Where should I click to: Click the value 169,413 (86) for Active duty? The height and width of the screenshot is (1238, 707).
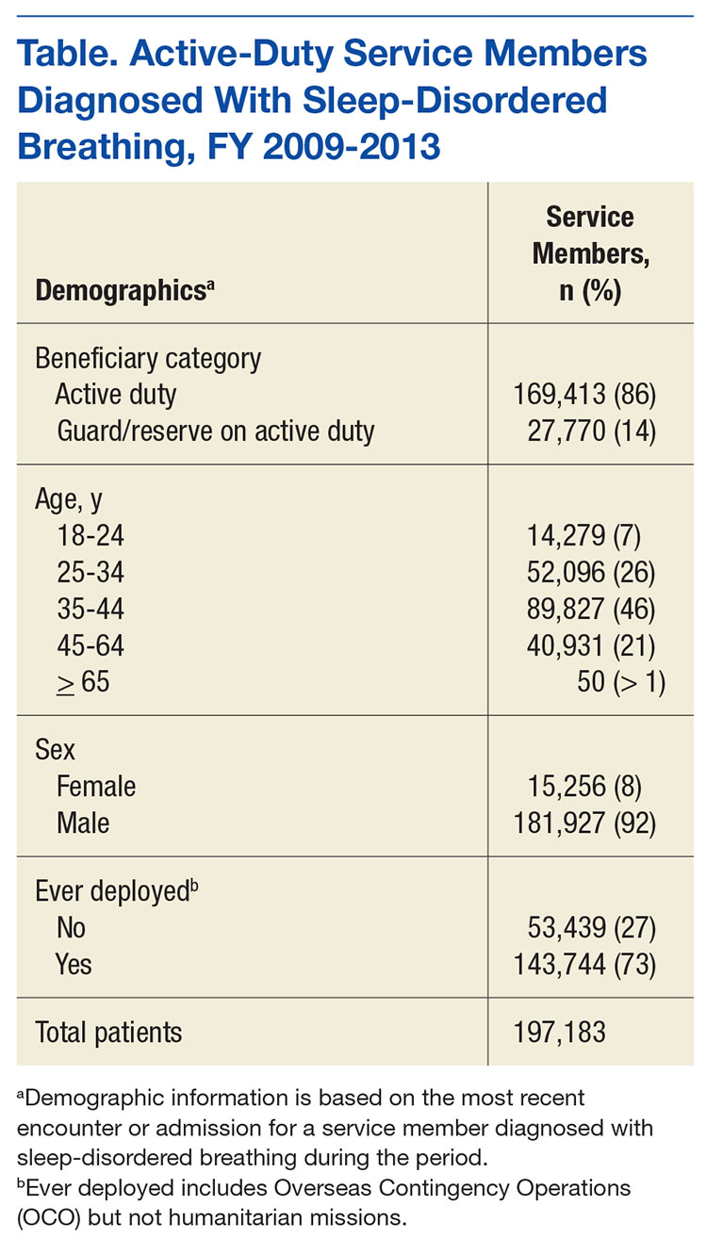click(x=590, y=394)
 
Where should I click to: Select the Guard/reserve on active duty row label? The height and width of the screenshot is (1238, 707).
click(x=216, y=431)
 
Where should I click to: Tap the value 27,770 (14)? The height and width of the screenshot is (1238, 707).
click(x=598, y=431)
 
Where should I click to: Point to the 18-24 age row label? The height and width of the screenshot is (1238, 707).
click(x=90, y=537)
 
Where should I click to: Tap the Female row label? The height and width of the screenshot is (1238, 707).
click(x=96, y=787)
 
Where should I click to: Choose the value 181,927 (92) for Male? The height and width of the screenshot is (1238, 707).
click(x=590, y=823)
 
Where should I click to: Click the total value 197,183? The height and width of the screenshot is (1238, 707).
click(x=560, y=1032)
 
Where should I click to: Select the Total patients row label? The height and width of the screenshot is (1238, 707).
click(x=109, y=1032)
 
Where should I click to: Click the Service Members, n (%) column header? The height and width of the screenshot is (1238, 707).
click(x=590, y=254)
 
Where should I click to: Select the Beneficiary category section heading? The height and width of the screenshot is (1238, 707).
click(x=148, y=358)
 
